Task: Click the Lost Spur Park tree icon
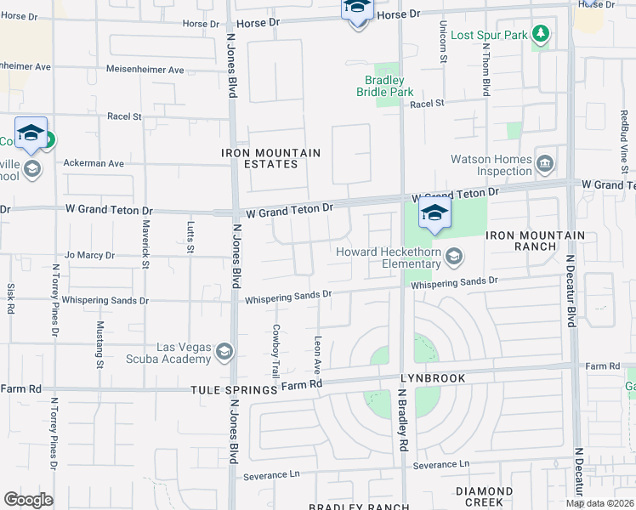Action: [540, 35]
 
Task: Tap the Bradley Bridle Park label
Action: [390, 86]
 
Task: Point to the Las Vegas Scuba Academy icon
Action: [224, 352]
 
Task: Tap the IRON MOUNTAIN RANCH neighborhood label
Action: [535, 241]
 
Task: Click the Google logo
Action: [28, 500]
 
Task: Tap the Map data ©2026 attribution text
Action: [599, 503]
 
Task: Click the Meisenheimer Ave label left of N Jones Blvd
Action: [145, 70]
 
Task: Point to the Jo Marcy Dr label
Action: [89, 255]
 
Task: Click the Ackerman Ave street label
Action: [94, 163]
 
